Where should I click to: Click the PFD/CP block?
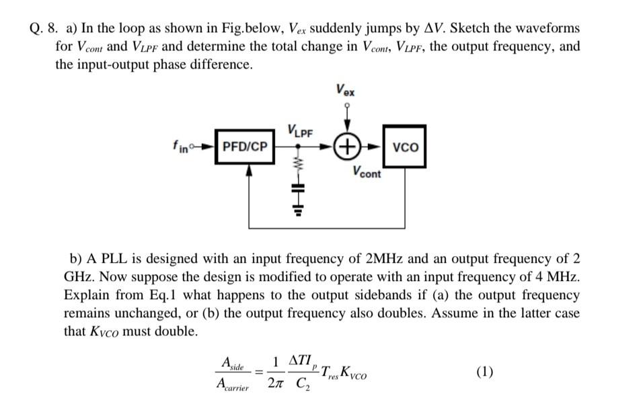click(246, 146)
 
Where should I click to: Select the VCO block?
click(405, 146)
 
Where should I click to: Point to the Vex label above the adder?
click(346, 90)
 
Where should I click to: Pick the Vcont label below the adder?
click(366, 173)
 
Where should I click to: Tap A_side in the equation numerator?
click(231, 364)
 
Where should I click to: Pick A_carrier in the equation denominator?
click(231, 385)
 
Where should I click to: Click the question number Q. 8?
click(45, 29)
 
